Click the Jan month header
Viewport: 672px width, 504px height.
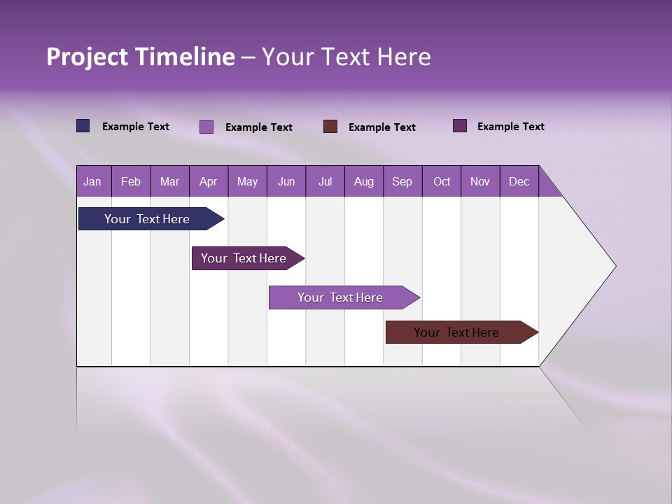[x=92, y=181]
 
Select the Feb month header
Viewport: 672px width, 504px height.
[x=131, y=181]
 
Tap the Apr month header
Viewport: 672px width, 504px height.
[x=208, y=181]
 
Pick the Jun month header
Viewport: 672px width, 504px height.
[x=286, y=181]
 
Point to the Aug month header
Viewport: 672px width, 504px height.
[x=363, y=181]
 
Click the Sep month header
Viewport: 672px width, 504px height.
[x=402, y=181]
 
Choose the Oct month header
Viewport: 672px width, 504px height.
[x=442, y=181]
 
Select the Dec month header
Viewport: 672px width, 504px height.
[x=519, y=181]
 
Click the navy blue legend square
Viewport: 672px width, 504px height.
[x=83, y=126]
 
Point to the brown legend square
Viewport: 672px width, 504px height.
[x=330, y=127]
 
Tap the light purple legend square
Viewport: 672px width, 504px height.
[x=206, y=127]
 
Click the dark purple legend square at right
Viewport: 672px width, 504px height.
[x=460, y=126]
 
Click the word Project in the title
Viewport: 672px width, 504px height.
[x=87, y=57]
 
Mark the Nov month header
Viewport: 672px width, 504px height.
[x=479, y=181]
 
